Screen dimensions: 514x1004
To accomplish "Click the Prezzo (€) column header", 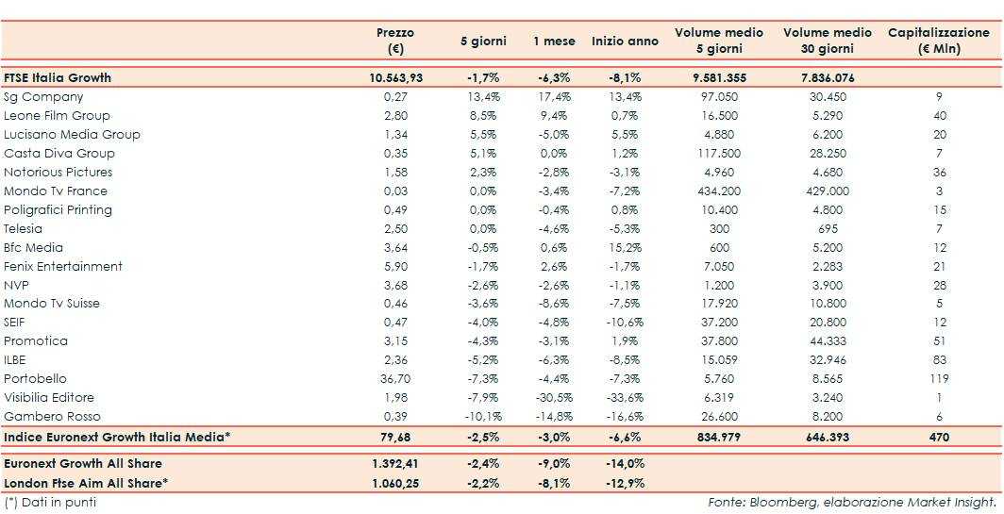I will point(394,41).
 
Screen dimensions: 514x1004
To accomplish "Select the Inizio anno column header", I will point(625,41).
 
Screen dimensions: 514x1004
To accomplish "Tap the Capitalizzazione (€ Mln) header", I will point(938,41).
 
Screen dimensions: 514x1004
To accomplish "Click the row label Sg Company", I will point(43,97).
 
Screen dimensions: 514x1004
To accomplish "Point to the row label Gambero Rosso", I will point(52,417).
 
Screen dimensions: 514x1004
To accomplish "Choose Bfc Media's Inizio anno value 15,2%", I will point(625,248).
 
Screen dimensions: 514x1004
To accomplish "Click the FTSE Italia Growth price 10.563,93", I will point(395,78).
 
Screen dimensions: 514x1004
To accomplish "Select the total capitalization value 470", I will point(939,438).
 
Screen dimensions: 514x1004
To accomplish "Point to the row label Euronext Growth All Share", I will point(83,464).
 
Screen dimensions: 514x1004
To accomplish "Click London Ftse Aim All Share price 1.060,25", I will point(395,483).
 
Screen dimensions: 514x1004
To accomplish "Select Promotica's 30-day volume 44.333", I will point(828,341).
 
